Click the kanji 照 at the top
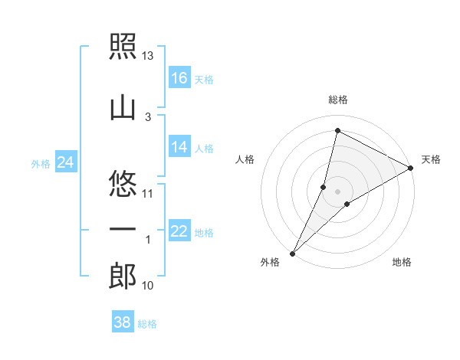(x=123, y=46)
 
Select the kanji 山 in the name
(x=123, y=109)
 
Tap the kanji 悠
(x=123, y=184)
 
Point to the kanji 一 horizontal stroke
(x=123, y=229)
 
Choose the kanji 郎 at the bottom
(x=123, y=276)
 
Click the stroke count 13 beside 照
(x=147, y=56)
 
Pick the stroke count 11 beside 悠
(x=147, y=194)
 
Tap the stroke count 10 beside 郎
(x=147, y=286)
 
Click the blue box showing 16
(x=179, y=77)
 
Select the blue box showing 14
(x=179, y=146)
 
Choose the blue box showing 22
(x=179, y=230)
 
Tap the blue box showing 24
(x=66, y=162)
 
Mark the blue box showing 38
(x=123, y=321)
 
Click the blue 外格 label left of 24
(x=41, y=164)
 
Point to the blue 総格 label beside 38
(x=147, y=324)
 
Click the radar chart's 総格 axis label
(x=338, y=100)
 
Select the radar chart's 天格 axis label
(x=431, y=159)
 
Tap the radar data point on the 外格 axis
(x=293, y=254)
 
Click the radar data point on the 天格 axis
(x=411, y=168)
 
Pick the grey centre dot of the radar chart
(x=337, y=191)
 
